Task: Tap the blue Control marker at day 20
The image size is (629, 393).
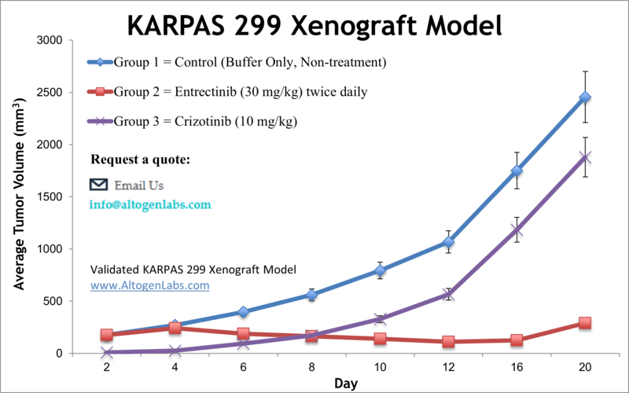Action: (585, 97)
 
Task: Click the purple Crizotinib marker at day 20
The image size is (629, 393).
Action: (585, 157)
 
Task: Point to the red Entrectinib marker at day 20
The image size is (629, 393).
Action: (585, 323)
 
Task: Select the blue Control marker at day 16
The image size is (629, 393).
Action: (517, 171)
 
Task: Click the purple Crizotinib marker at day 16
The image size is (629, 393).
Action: (517, 230)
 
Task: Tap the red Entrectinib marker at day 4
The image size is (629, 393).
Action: (175, 328)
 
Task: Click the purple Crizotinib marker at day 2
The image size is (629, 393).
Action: (107, 353)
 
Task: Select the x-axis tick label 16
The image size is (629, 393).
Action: (517, 367)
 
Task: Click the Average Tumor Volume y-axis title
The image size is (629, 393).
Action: (19, 196)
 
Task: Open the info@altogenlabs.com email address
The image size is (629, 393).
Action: (150, 204)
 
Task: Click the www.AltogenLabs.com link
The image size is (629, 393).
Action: (150, 285)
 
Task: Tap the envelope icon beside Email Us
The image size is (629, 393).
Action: (99, 185)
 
